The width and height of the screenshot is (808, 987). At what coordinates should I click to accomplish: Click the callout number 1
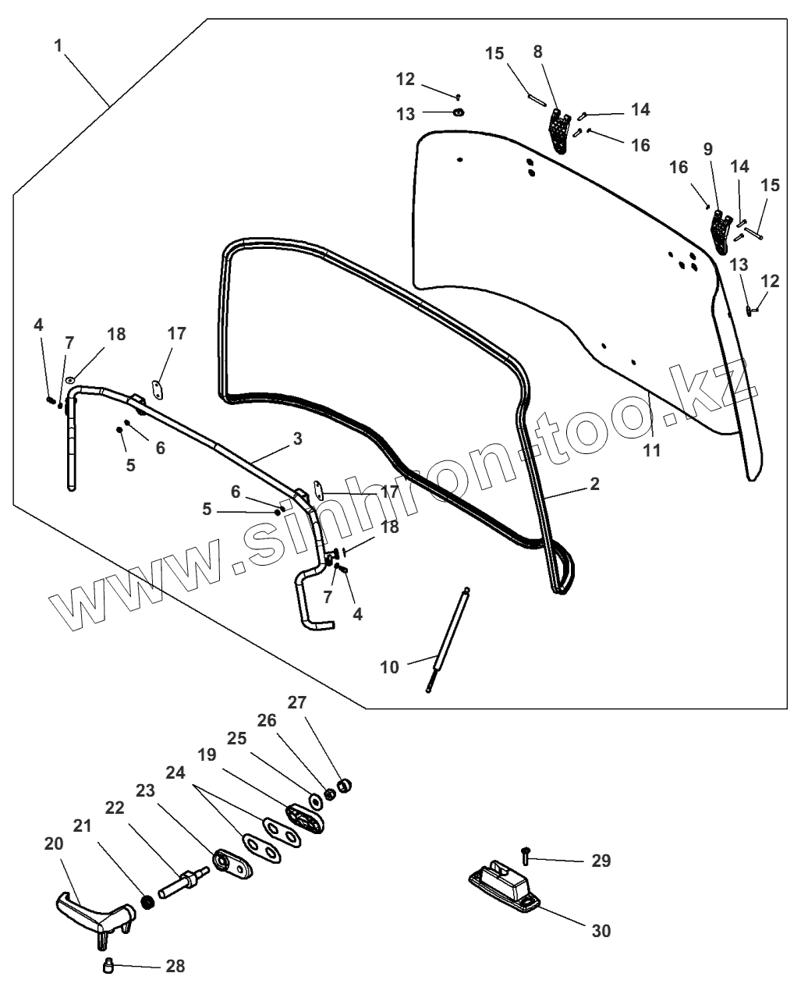click(x=58, y=45)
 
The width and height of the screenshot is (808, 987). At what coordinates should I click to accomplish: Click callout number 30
click(x=601, y=930)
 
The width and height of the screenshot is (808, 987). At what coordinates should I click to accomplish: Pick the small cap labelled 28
click(x=109, y=967)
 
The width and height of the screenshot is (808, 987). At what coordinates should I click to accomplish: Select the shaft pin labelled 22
click(x=184, y=883)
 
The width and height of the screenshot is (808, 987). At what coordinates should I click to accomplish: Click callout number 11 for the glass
click(x=651, y=450)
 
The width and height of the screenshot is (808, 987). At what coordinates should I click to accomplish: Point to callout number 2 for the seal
click(x=594, y=485)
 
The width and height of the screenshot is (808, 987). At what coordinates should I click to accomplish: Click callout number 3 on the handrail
click(x=297, y=438)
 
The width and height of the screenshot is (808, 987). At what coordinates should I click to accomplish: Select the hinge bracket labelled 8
click(x=558, y=130)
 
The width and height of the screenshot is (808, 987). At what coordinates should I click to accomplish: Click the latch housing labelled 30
click(x=503, y=885)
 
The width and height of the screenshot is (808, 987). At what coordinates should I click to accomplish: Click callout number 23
click(x=144, y=790)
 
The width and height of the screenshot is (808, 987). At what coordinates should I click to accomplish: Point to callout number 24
click(x=176, y=772)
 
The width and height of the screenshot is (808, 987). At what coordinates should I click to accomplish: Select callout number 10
click(x=389, y=667)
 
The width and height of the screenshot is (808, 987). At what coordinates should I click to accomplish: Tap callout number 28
click(x=175, y=966)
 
